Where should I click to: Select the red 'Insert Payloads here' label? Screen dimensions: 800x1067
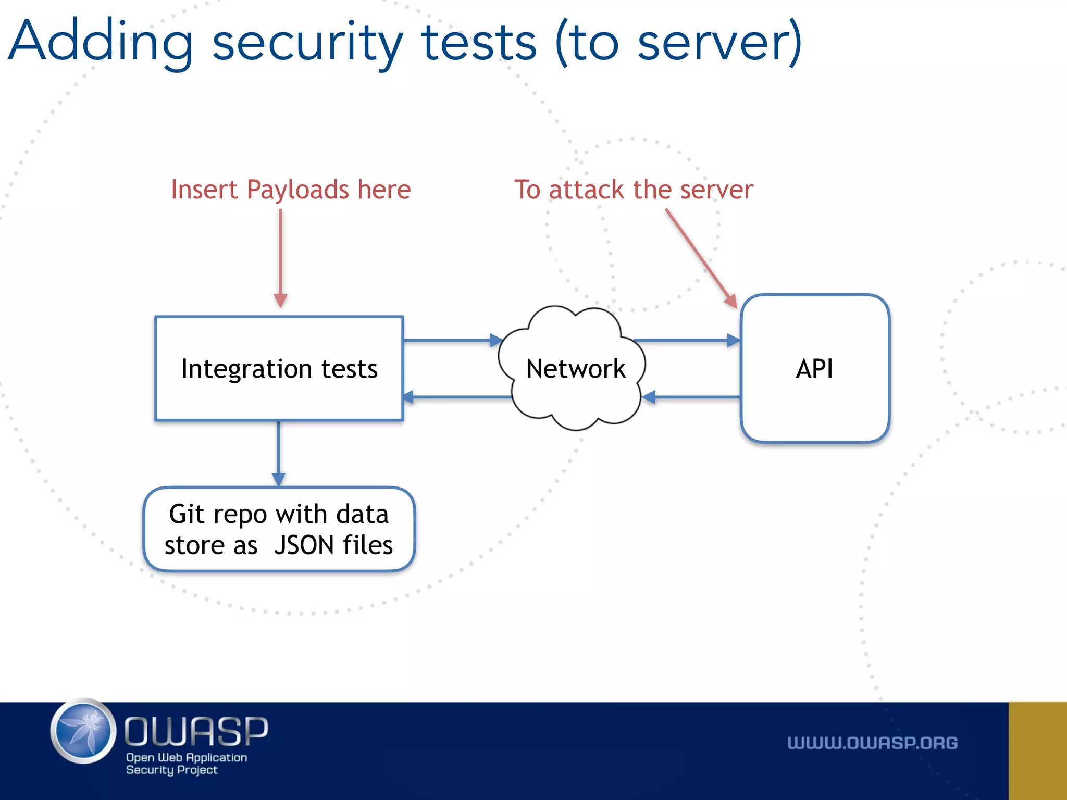pos(291,190)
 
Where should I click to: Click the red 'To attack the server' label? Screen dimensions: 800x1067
pos(634,190)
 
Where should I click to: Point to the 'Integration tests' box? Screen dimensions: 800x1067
pos(279,368)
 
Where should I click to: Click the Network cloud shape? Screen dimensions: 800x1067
pos(573,368)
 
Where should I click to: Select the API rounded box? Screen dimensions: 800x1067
pos(814,368)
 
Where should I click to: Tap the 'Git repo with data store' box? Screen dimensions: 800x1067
pos(279,529)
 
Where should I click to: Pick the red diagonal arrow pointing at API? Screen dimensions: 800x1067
pos(701,258)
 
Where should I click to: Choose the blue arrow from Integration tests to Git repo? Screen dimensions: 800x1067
pos(279,453)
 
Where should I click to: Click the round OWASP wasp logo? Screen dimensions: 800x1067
pos(83,732)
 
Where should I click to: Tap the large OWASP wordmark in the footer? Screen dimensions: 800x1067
pos(196,731)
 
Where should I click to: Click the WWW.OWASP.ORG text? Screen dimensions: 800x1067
pos(872,743)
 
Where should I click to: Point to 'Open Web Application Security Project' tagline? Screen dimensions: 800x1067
pos(186,764)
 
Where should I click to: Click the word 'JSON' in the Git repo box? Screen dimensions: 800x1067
pos(304,545)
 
